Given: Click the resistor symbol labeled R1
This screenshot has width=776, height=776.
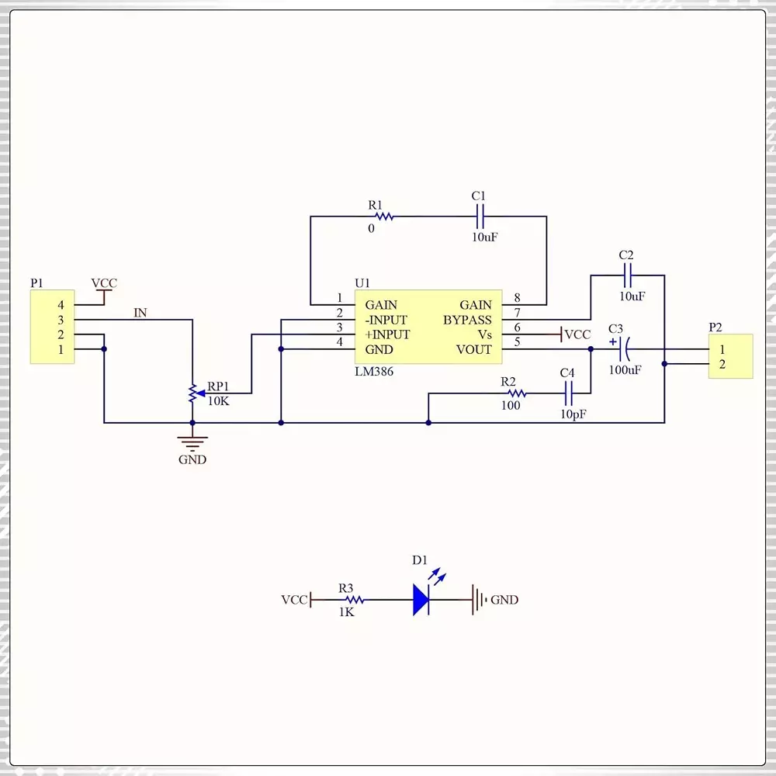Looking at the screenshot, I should click(x=384, y=217).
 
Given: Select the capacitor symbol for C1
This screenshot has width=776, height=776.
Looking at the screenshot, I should click(x=480, y=217).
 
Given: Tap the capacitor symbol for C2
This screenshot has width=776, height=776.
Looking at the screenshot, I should click(x=627, y=275).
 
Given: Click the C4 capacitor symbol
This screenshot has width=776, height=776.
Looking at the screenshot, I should click(x=568, y=393).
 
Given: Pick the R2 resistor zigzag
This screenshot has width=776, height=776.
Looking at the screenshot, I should click(x=516, y=393).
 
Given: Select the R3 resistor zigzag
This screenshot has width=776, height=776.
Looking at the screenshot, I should click(x=354, y=600).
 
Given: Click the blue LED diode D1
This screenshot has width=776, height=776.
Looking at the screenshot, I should click(x=422, y=599).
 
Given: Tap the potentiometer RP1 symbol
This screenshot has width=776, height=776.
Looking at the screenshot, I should click(x=192, y=393).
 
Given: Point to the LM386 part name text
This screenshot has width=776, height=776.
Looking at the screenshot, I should click(x=374, y=372).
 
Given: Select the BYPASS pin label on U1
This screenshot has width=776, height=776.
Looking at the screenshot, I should click(x=467, y=320).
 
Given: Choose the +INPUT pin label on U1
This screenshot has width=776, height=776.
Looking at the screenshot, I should click(x=387, y=334).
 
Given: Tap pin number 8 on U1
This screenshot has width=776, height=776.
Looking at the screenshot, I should click(x=517, y=298).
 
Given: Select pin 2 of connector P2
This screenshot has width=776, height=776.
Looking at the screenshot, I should click(x=722, y=364).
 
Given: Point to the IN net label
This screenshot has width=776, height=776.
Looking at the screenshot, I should click(x=140, y=313).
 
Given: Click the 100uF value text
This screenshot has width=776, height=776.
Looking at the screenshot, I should click(x=625, y=370).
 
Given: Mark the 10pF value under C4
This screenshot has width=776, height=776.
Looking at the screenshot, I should click(x=573, y=414).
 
